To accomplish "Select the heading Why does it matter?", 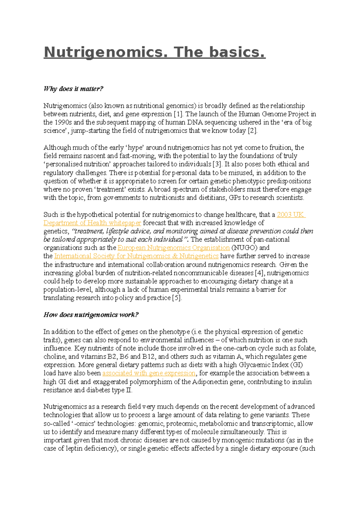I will pos(73,89).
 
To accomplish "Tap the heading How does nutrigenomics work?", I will pos(91,315).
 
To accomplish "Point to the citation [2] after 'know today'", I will pos(252,131).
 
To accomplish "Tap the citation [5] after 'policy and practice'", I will pos(177,298).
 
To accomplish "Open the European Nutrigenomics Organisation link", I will pos(173,248).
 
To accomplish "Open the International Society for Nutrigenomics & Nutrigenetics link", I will pos(136,256).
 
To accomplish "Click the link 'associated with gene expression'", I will pos(149,374).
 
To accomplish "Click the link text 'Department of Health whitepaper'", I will pos(92,223).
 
